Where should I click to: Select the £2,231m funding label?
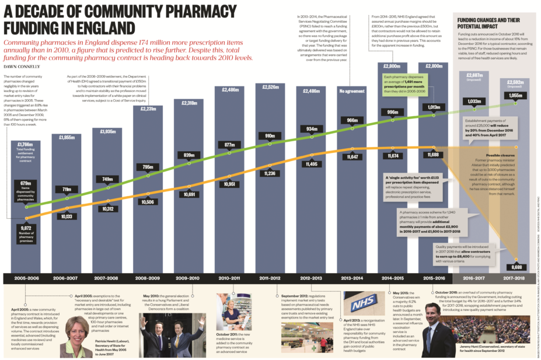point(152,109)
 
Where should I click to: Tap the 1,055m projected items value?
point(516,96)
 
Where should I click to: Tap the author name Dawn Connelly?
point(19,67)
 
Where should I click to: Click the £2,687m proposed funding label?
point(475,75)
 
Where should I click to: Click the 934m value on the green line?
point(312,129)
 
